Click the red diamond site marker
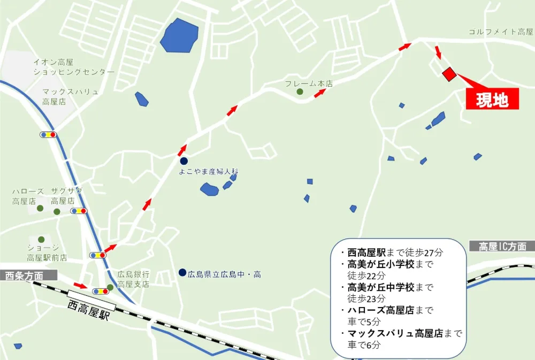448,74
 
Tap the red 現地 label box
492,99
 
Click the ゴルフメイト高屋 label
501,32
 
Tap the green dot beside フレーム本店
300,92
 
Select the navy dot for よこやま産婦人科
184,161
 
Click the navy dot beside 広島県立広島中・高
182,272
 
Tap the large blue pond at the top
179,36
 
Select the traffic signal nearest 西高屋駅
101,292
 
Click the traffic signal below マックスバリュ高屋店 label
48,134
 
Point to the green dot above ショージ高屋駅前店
41,239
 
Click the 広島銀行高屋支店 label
133,279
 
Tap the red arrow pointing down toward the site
438,52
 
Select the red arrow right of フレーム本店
320,93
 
